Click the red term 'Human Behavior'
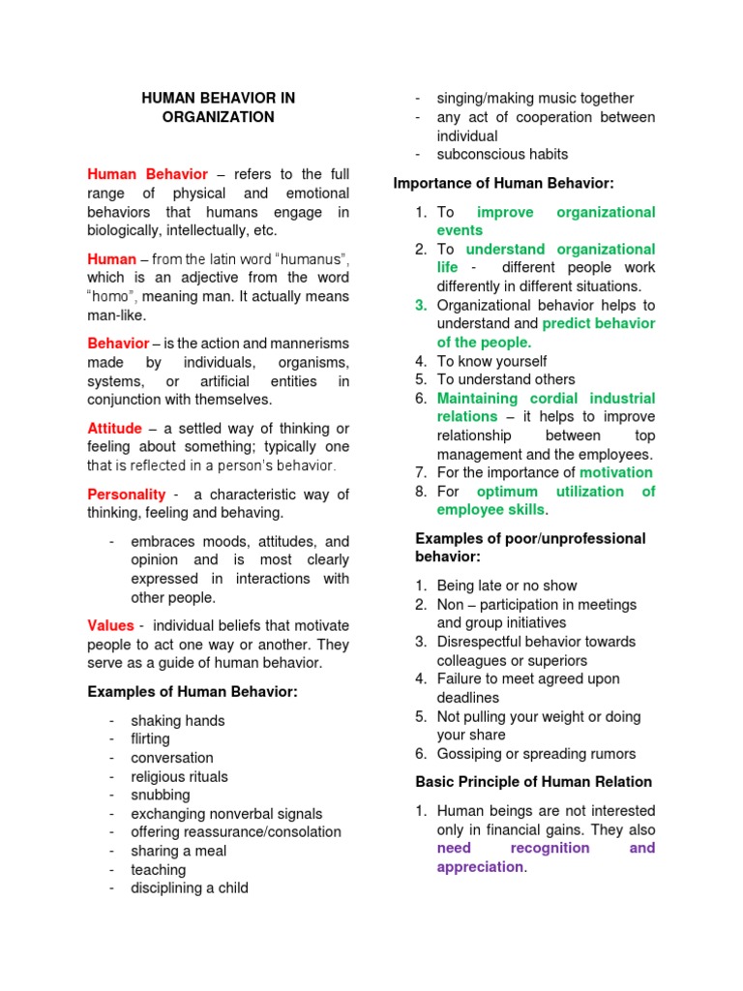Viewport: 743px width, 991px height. pos(147,174)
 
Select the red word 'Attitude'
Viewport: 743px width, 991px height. pos(114,428)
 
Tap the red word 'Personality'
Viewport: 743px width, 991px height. pos(126,495)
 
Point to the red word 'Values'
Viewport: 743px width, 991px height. pos(110,625)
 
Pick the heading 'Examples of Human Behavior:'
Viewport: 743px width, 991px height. pos(193,691)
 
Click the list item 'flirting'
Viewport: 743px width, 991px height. pos(150,739)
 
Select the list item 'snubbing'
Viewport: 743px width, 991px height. pos(161,795)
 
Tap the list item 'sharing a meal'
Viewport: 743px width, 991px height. pos(179,851)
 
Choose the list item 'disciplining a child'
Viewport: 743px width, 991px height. pos(190,887)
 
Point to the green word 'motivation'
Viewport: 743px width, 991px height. pos(616,472)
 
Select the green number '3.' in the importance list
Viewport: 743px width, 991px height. pos(421,305)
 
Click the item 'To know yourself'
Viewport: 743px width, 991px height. pos(491,361)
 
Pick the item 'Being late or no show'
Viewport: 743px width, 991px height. pos(507,586)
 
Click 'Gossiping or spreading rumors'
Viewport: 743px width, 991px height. pos(536,754)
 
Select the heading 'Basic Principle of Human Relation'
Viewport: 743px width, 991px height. pos(534,781)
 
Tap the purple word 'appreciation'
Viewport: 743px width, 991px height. pos(480,867)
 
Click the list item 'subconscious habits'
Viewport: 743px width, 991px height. pos(502,154)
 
